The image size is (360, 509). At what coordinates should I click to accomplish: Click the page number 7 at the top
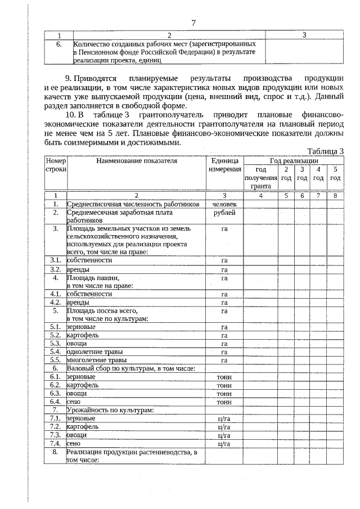(193, 22)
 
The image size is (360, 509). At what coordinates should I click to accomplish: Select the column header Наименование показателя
(137, 160)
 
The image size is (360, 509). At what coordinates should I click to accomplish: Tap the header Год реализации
(294, 160)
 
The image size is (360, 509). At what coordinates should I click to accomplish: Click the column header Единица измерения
(224, 165)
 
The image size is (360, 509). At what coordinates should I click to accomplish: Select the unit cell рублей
(224, 213)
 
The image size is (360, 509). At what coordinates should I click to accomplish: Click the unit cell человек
(224, 204)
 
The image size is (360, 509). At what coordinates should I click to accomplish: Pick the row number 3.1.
(56, 260)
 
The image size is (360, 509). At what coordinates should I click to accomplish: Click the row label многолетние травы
(96, 360)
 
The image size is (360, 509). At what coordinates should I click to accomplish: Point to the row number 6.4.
(56, 402)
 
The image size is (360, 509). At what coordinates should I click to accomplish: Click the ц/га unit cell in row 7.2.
(224, 427)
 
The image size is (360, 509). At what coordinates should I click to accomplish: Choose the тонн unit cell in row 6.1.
(224, 377)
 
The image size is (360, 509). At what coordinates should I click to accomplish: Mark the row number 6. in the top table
(58, 43)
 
